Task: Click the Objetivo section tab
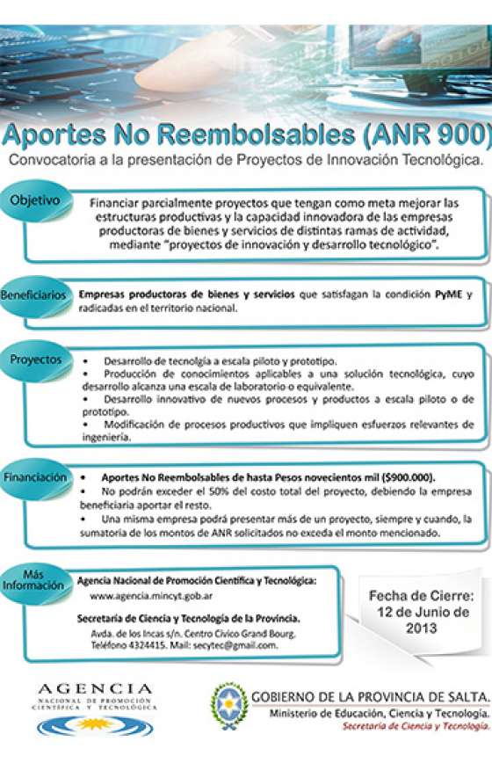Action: coord(35,200)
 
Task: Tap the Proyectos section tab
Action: coord(35,360)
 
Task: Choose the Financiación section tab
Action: coord(35,477)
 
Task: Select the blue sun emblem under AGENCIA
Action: coord(94,726)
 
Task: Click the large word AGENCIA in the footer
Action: coord(94,688)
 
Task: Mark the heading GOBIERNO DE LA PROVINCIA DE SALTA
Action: coord(370,696)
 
